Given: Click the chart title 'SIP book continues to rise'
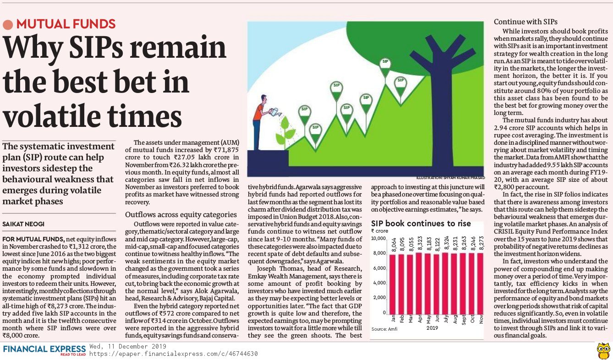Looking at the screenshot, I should (x=421, y=224).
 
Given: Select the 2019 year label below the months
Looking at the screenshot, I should (x=432, y=328).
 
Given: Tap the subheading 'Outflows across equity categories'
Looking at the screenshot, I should (x=181, y=214).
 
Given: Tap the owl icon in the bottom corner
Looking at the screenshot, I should (x=603, y=350).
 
